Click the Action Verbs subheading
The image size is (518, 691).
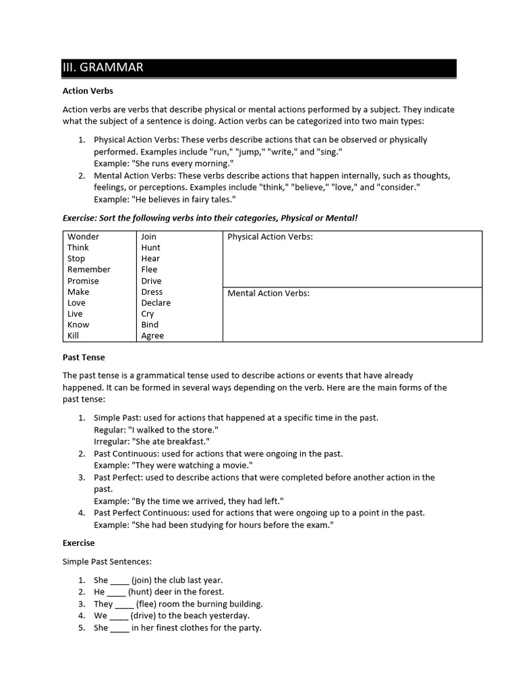[x=88, y=90]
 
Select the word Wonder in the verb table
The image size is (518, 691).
[x=83, y=237]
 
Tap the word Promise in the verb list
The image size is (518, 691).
[x=83, y=281]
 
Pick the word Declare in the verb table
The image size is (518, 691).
[x=156, y=303]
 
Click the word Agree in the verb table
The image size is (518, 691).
[x=152, y=335]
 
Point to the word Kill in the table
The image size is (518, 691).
[x=73, y=335]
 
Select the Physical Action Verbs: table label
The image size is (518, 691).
[x=270, y=237]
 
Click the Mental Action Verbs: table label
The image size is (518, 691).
[x=268, y=294]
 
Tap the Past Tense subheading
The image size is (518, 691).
[x=84, y=357]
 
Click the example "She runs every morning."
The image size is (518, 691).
[x=164, y=164]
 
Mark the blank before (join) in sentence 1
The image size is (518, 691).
[x=119, y=580]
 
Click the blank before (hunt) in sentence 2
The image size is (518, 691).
[x=116, y=592]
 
